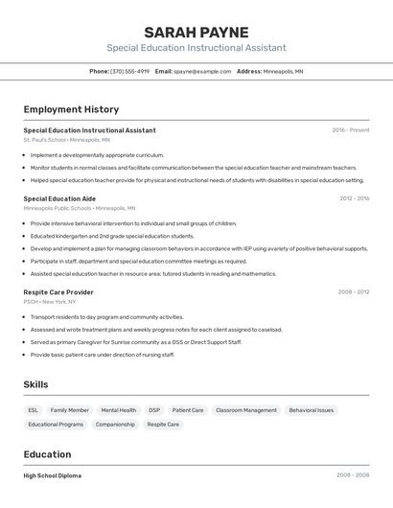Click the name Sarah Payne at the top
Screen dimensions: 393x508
coord(196,33)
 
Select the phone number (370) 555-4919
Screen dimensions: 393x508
coord(129,71)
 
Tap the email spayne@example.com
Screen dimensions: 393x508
coord(202,71)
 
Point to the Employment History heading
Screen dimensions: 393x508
coord(71,109)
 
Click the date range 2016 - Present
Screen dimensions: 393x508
coord(351,130)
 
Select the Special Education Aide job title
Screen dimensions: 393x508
coord(59,198)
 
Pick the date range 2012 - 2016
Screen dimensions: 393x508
coord(354,198)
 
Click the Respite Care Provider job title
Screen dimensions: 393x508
coord(58,291)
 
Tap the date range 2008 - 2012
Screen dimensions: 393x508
coord(354,291)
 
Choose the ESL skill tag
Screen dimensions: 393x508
coord(34,410)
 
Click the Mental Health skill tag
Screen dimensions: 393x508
coord(119,410)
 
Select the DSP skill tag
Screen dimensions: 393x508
coord(154,410)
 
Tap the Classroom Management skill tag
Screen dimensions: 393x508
coord(246,410)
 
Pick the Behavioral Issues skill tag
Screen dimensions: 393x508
coord(312,410)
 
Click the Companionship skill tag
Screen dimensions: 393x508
coord(115,425)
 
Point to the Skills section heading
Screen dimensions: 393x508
coord(36,384)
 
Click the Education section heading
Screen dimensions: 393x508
coord(47,453)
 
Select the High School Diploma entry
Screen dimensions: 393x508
coord(52,475)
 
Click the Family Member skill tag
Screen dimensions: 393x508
coord(70,410)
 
